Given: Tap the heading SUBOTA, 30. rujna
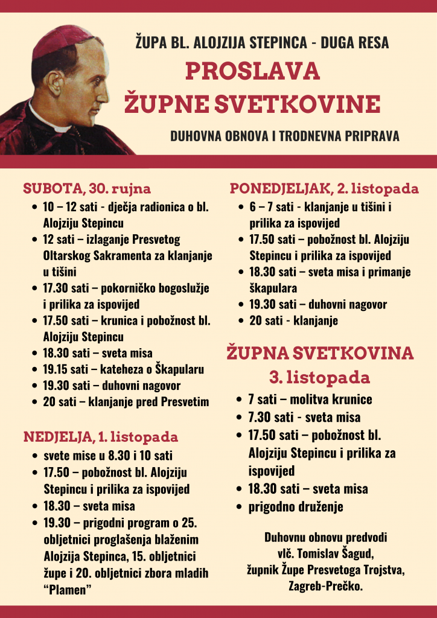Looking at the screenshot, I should pos(87,188).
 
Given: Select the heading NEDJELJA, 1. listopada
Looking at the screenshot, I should pos(101,436).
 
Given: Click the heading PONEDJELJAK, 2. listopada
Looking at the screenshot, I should pos(324,189).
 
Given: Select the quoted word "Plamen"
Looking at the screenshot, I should pos(67,590).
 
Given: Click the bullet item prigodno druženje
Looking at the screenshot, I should pos(296,506).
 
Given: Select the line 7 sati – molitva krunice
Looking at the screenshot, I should pos(310,400).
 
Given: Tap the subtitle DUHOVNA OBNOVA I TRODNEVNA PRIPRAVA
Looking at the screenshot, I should pos(285,136).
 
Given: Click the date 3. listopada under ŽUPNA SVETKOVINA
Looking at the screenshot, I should pos(319,378).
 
